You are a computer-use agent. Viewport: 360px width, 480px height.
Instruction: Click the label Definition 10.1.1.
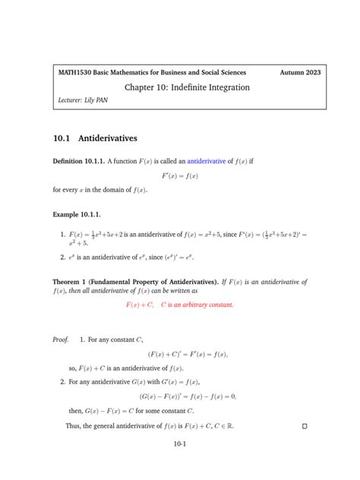[78, 162]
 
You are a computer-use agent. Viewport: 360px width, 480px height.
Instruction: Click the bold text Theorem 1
[73, 282]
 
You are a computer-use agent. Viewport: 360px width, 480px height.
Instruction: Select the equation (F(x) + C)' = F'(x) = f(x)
[188, 354]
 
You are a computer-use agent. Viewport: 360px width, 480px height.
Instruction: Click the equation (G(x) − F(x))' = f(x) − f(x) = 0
[188, 396]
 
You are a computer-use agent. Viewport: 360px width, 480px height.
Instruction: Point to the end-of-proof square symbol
[305, 427]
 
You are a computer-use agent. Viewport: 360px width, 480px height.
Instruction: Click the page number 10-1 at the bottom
[180, 445]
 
